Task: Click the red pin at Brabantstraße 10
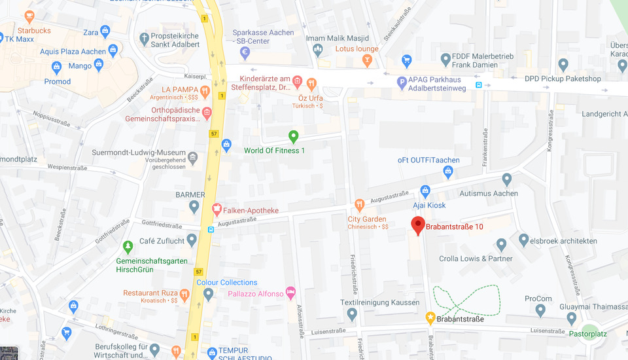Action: (418, 225)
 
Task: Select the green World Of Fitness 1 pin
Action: (294, 137)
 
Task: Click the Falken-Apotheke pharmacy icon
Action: (217, 209)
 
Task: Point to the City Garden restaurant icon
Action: (358, 205)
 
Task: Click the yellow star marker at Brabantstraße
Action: (430, 318)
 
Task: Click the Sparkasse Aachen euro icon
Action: (245, 52)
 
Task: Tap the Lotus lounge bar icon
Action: (367, 61)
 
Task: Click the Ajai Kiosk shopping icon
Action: (425, 191)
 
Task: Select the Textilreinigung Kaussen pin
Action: (352, 314)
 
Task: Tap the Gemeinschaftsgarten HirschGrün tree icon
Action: (128, 247)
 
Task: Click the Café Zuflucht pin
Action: (192, 240)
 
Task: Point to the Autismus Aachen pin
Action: (507, 179)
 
